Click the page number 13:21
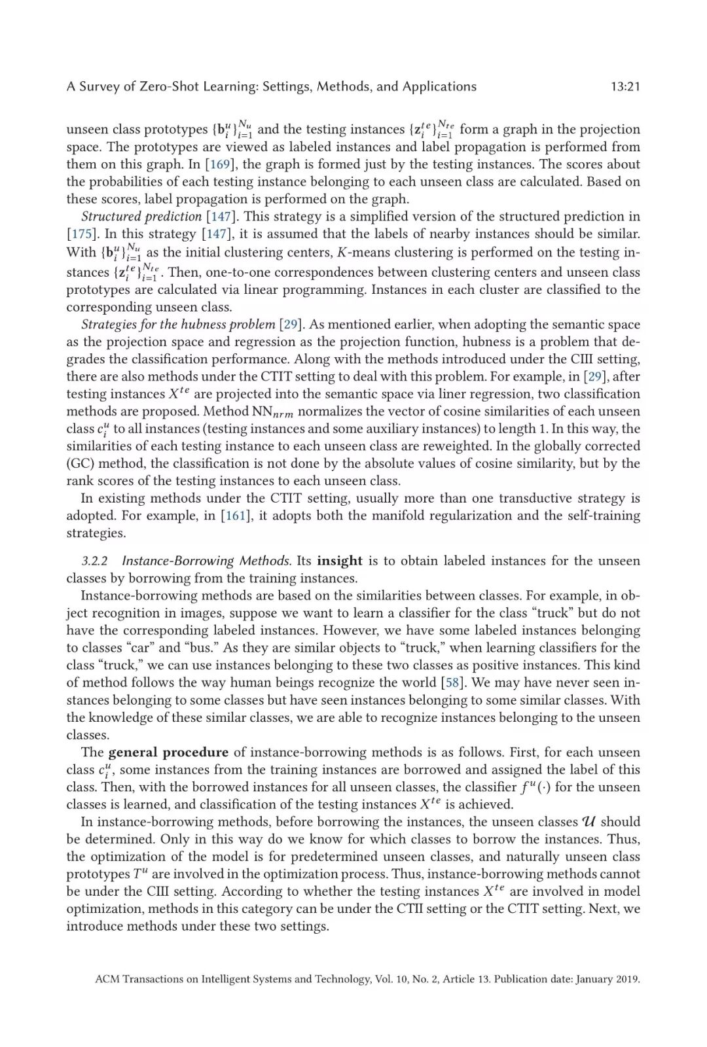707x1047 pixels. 625,86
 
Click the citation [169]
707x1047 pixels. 221,164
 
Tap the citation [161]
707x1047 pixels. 236,516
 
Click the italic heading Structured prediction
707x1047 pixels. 141,217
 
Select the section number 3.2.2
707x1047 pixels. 94,561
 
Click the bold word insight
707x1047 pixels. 339,561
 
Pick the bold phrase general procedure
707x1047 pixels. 168,753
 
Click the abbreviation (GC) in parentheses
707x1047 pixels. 81,463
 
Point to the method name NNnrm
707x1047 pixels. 272,412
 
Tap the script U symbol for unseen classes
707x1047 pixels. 589,822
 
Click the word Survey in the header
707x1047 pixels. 100,86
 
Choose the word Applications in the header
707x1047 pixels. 439,86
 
